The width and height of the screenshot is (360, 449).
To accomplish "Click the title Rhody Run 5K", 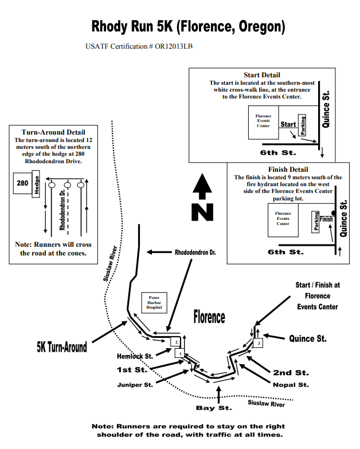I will tap(188, 26).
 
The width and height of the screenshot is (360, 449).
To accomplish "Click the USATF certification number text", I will tap(139, 46).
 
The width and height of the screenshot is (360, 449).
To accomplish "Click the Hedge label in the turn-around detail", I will tap(36, 186).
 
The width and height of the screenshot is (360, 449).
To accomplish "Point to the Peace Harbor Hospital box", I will tap(154, 302).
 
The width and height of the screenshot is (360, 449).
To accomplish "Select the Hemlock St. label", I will tap(135, 356).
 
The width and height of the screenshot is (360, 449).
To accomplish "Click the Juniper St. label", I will tap(135, 384).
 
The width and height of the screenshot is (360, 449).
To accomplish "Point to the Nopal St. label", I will tap(291, 385).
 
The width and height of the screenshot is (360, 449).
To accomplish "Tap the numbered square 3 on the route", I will tap(259, 343).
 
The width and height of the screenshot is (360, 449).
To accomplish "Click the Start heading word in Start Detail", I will tap(288, 124).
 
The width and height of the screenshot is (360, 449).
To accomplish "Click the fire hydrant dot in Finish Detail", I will tap(334, 212).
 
